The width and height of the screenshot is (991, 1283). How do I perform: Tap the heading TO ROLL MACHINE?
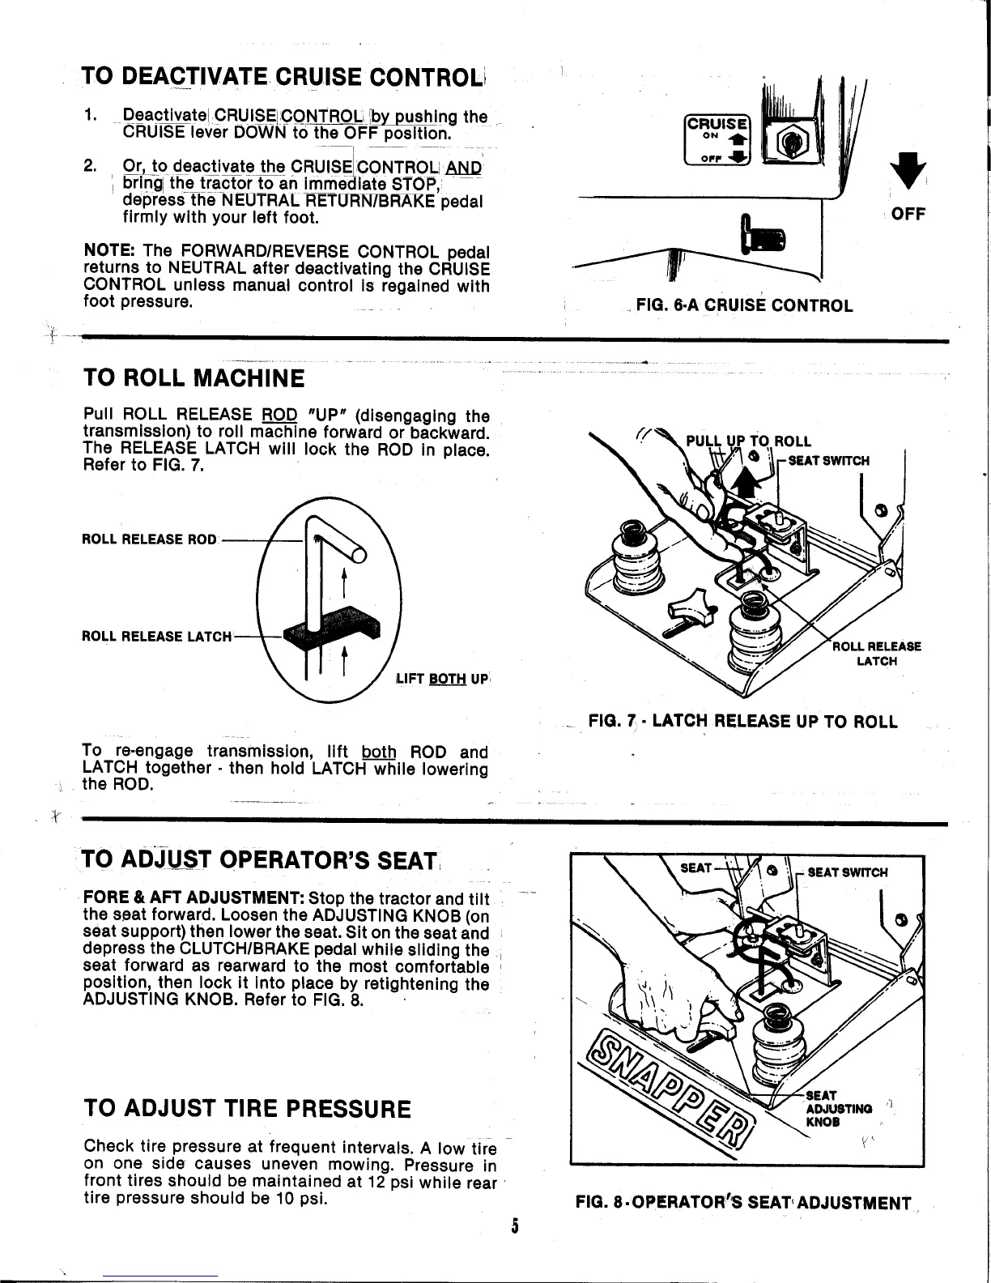coord(194,378)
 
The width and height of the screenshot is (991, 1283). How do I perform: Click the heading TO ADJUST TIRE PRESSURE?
coord(247,1108)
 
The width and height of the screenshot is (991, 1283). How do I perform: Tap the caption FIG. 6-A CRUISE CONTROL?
coord(744,305)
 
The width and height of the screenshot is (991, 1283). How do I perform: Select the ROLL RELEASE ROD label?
coord(150,539)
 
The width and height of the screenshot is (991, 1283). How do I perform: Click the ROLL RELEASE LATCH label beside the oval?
coord(157,636)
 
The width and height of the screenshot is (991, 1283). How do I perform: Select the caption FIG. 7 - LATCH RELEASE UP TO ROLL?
coord(742,722)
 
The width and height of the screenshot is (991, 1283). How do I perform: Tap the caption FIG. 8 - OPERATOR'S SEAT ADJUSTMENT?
coord(742,1203)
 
